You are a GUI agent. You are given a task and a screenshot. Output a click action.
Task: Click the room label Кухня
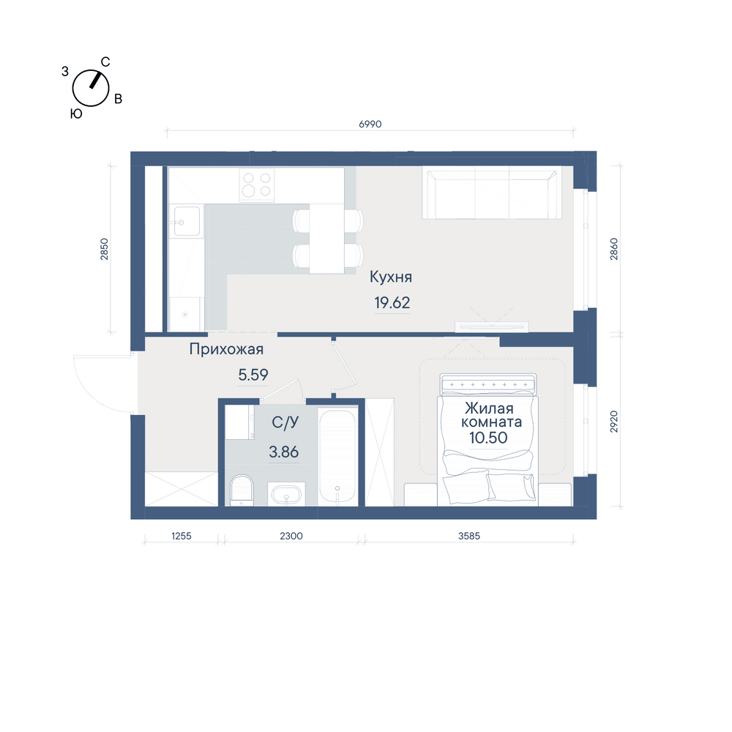click(391, 277)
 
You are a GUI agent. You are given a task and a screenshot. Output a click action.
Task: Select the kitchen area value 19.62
click(392, 302)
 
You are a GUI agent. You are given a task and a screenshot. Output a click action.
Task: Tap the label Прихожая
click(226, 349)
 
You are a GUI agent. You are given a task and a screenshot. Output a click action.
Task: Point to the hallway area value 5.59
click(253, 374)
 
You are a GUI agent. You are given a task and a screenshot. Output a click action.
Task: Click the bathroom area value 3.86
click(284, 452)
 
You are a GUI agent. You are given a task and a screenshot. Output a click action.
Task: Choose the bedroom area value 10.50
click(488, 438)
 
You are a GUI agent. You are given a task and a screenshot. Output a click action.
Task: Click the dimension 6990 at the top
click(370, 124)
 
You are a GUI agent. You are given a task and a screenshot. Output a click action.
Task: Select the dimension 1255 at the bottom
click(181, 536)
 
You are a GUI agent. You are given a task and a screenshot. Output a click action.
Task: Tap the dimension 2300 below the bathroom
click(291, 536)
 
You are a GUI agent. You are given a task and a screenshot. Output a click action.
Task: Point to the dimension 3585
click(469, 536)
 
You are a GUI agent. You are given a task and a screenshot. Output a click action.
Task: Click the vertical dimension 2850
click(104, 249)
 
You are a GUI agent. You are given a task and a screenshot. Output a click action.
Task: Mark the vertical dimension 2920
click(614, 422)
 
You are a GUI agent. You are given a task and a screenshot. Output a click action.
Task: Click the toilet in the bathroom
click(242, 490)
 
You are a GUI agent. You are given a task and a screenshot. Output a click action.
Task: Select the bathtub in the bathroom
click(337, 457)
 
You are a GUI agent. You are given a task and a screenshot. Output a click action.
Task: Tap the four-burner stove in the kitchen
click(257, 184)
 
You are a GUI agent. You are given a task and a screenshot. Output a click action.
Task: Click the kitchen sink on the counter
click(187, 222)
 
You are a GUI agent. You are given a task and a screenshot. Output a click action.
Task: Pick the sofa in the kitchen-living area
click(492, 193)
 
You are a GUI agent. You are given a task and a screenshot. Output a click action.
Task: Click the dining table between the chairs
click(326, 238)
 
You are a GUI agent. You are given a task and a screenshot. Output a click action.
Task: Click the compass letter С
click(105, 62)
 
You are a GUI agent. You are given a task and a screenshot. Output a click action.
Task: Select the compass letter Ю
click(76, 114)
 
